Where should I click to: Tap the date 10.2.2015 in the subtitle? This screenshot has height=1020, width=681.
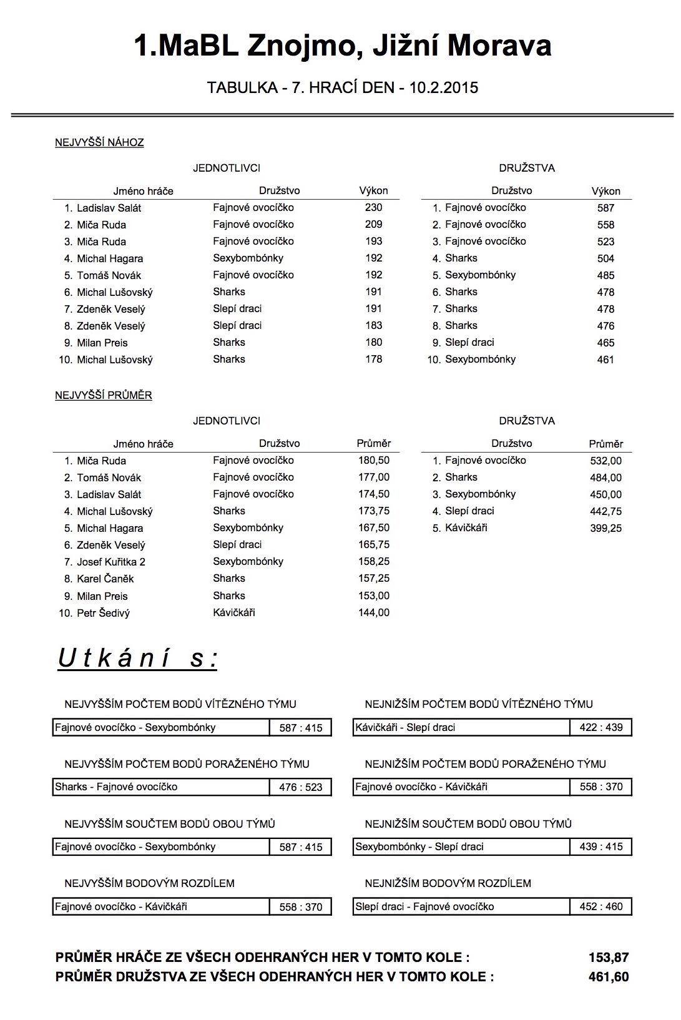(444, 87)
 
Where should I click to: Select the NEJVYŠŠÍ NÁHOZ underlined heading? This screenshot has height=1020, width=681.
(99, 142)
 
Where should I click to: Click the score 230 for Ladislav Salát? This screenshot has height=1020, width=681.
(373, 207)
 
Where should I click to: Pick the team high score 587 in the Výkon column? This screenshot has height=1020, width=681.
(605, 208)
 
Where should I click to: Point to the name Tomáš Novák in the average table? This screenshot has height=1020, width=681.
(109, 478)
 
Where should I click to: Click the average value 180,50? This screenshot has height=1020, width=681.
(373, 460)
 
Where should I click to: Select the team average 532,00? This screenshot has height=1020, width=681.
(605, 461)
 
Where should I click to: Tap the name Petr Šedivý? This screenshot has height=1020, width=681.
(103, 613)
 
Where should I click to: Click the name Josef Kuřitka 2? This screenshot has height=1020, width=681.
(110, 562)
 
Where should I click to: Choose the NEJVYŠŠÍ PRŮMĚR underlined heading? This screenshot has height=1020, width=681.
(104, 395)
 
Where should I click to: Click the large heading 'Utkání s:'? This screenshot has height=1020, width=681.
(138, 658)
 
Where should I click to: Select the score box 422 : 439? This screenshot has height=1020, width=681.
(600, 727)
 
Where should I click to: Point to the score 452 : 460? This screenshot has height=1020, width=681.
(600, 906)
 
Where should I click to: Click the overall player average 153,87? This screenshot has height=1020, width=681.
(608, 957)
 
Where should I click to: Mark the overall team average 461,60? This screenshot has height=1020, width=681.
(608, 977)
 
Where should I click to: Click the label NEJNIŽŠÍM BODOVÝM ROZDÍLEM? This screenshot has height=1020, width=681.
(448, 883)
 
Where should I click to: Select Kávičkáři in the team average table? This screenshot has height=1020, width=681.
(466, 527)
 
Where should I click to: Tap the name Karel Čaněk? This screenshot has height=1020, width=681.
(105, 579)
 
